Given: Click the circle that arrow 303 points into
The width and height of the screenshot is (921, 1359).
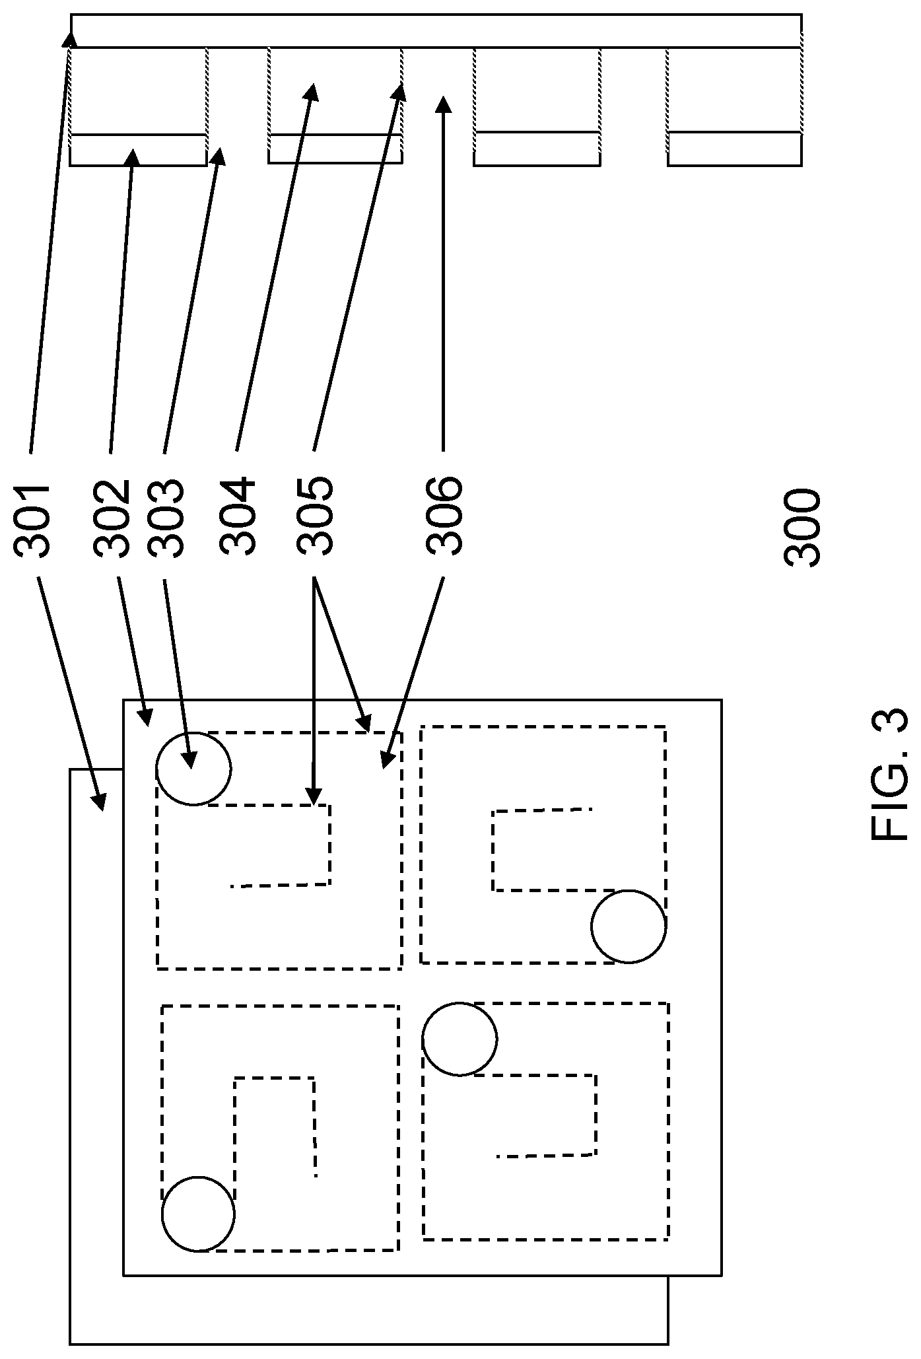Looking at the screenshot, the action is [193, 769].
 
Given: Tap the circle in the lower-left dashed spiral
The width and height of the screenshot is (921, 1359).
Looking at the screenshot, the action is [198, 1214].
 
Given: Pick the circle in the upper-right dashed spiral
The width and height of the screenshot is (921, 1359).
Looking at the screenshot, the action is [629, 926].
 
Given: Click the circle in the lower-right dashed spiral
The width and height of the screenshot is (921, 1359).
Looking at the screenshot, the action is [460, 1039].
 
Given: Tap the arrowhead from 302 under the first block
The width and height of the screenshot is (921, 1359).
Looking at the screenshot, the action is [132, 157].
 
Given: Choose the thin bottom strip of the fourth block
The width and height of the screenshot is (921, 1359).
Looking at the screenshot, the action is [735, 149].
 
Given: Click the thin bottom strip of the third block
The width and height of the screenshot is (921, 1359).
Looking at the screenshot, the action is [537, 149].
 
